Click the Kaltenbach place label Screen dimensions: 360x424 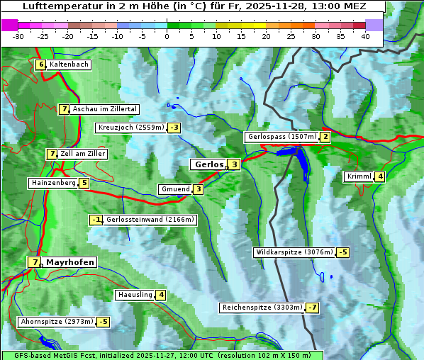[69, 64]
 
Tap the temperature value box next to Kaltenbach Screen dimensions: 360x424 [40, 64]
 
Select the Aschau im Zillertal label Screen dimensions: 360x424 [104, 109]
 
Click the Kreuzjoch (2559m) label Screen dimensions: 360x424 [130, 128]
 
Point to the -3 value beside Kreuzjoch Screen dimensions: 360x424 [174, 128]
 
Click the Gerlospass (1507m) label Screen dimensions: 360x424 [281, 137]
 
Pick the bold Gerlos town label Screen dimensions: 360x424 [208, 164]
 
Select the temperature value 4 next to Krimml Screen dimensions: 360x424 [380, 176]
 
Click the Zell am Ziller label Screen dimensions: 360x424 [83, 154]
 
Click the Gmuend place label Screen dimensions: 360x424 [175, 189]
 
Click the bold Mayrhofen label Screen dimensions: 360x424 [69, 262]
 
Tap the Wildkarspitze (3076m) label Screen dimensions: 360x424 [294, 252]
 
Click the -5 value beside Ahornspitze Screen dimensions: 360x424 [103, 322]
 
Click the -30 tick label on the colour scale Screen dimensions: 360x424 [18, 36]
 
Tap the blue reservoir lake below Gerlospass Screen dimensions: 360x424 [299, 159]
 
